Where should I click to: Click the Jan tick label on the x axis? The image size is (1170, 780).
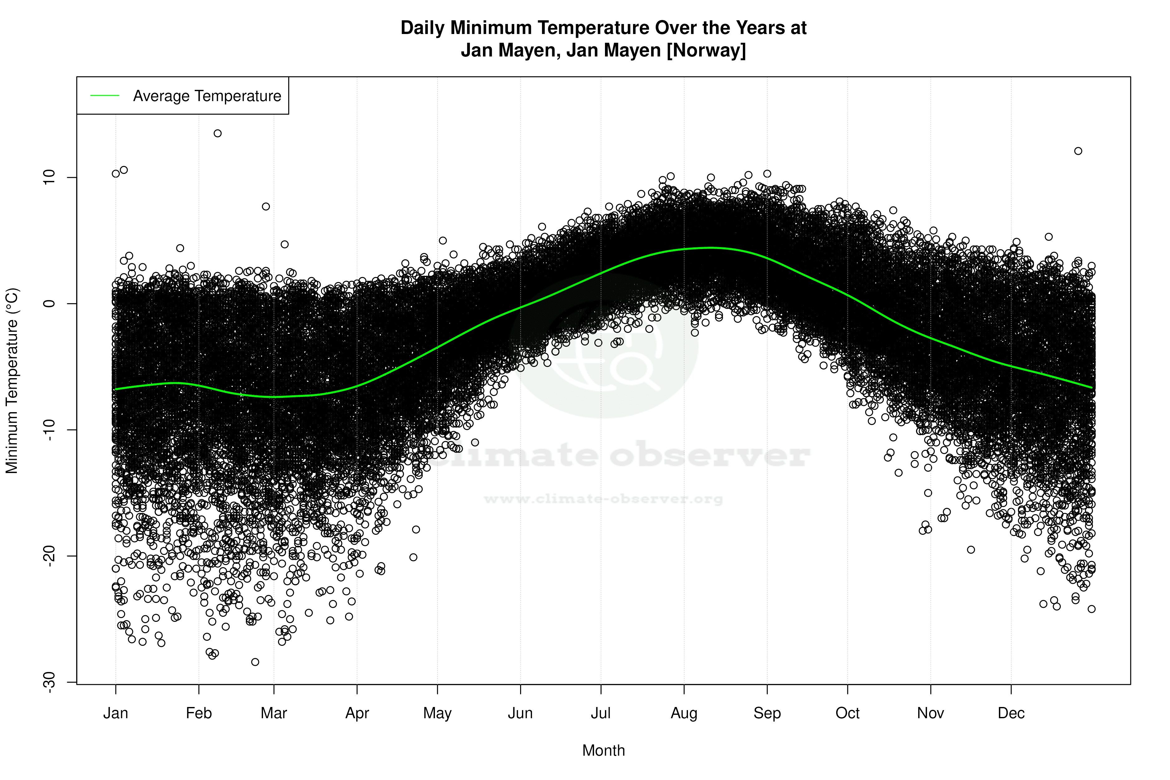tap(115, 713)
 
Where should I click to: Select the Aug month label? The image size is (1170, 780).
tap(684, 713)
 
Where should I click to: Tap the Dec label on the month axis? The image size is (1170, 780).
tap(1011, 713)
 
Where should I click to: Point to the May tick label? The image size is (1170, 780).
tap(437, 713)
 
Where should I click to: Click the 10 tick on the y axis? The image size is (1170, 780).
tap(49, 178)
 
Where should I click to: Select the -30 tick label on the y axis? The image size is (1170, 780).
tap(49, 682)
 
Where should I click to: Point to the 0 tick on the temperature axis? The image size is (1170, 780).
tap(49, 304)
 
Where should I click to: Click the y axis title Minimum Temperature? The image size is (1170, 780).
tap(12, 381)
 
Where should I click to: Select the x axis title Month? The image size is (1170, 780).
tap(603, 751)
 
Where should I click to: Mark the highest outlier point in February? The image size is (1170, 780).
tap(217, 133)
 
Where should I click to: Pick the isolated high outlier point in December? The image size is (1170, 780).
tap(1078, 151)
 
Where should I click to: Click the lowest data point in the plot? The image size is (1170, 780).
tap(255, 662)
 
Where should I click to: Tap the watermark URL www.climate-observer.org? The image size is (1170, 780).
tap(603, 499)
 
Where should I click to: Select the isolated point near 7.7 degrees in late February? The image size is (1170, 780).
tap(266, 207)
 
